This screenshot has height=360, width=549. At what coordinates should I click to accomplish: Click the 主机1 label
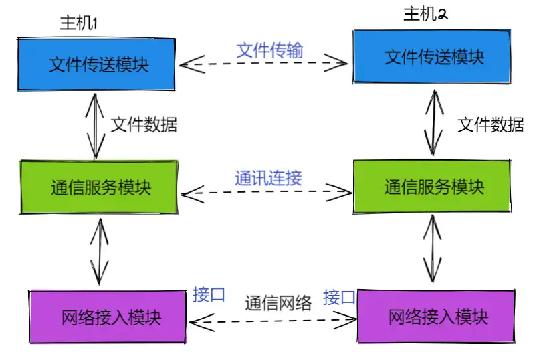click(x=79, y=23)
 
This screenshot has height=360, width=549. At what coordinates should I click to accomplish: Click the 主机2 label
click(x=425, y=14)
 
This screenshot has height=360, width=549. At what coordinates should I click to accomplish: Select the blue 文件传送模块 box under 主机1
click(x=98, y=65)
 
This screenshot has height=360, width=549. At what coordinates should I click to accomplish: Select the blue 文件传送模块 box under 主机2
click(x=433, y=57)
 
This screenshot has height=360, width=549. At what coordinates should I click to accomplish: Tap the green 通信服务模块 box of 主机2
click(x=433, y=187)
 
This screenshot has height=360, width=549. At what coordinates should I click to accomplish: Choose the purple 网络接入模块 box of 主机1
click(x=107, y=316)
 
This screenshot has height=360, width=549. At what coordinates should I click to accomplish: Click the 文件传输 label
click(x=269, y=50)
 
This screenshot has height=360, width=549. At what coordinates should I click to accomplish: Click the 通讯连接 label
click(x=268, y=178)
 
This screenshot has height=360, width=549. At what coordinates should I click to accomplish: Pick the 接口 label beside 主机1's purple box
click(x=209, y=295)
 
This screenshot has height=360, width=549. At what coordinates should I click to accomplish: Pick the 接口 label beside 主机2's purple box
click(x=339, y=297)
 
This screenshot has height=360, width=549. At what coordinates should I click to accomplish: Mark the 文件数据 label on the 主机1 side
click(x=143, y=124)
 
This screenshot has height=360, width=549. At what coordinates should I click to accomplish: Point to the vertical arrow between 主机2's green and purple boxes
click(x=433, y=250)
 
